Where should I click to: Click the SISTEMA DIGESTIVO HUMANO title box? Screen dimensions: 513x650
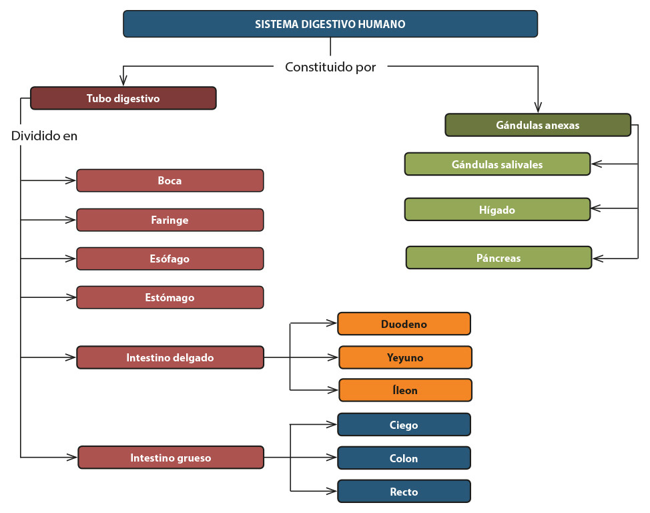(330, 24)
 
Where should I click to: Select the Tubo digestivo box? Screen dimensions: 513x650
(123, 98)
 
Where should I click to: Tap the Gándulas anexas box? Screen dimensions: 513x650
(538, 125)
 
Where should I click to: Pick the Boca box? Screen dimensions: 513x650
(170, 180)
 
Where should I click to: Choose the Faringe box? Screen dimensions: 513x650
(170, 220)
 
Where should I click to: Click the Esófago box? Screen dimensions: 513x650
(170, 259)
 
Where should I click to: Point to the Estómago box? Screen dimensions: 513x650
(170, 297)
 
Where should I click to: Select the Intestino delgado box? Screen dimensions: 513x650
(170, 357)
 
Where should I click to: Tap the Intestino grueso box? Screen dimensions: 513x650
(171, 458)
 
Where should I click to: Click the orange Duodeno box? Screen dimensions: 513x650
(404, 324)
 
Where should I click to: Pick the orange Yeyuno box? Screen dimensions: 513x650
(405, 357)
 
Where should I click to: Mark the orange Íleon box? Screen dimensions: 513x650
(405, 390)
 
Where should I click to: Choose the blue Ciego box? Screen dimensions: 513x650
(404, 425)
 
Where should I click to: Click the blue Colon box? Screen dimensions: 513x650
(404, 458)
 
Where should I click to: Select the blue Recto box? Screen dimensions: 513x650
(404, 492)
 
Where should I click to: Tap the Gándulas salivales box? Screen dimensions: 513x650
(497, 164)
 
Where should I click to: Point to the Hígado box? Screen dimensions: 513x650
(497, 210)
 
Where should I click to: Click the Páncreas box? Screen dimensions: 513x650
(499, 258)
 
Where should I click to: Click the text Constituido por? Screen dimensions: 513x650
(330, 67)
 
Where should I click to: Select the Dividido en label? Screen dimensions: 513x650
(45, 136)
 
